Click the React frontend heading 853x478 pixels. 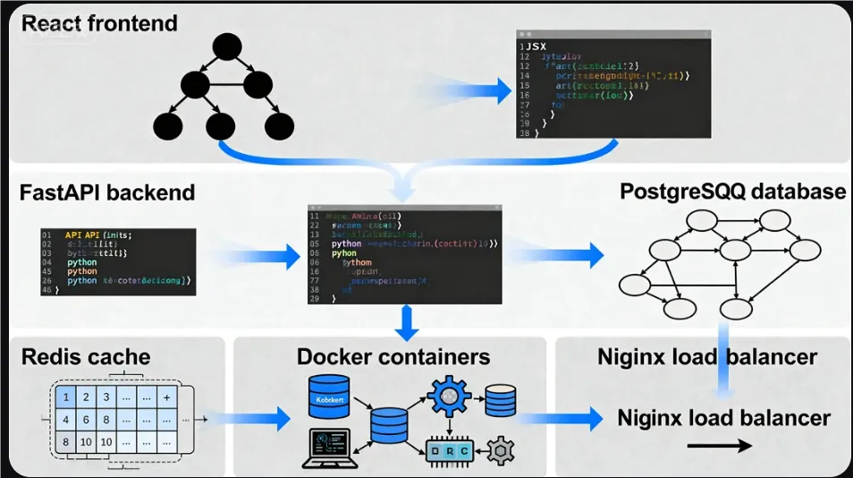(99, 22)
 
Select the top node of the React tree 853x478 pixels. (227, 47)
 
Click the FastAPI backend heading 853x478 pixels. (107, 192)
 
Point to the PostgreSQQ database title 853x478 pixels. (732, 191)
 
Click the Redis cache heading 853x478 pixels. (86, 357)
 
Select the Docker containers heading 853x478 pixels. (393, 357)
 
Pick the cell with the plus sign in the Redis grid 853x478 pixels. (167, 397)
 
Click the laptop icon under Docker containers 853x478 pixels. (332, 448)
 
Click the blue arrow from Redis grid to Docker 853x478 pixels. (259, 417)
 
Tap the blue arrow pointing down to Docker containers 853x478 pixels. (407, 323)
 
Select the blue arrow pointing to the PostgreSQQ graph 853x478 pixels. (572, 254)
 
